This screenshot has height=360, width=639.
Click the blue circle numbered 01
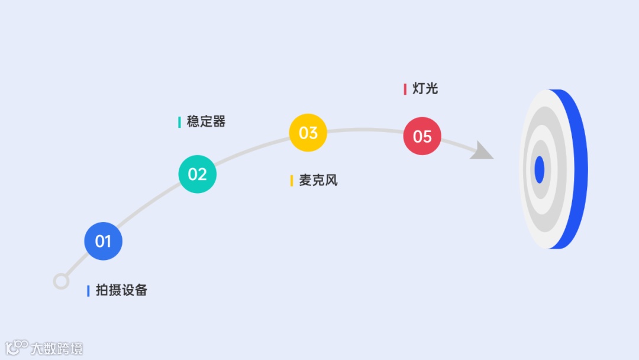click(x=103, y=241)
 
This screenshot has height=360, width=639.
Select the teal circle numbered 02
click(x=198, y=174)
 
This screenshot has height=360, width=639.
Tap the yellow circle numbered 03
click(x=308, y=133)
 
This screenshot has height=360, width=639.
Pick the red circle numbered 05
click(x=422, y=136)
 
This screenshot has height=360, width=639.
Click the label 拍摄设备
click(x=121, y=290)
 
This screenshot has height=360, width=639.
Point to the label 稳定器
click(x=206, y=122)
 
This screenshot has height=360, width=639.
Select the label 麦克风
click(x=318, y=180)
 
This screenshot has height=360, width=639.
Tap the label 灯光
click(x=425, y=89)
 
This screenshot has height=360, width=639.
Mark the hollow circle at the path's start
click(x=61, y=281)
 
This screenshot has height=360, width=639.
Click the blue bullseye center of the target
click(x=539, y=170)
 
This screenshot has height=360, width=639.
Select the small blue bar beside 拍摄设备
click(x=88, y=291)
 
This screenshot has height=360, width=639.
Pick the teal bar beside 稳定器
click(x=179, y=122)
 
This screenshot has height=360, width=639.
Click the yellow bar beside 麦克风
click(x=292, y=181)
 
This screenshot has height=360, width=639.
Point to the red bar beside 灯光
click(x=405, y=89)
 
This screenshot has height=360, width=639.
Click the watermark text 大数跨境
click(x=57, y=348)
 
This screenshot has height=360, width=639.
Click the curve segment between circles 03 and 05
click(x=365, y=130)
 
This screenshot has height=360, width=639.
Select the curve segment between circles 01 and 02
click(x=149, y=204)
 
